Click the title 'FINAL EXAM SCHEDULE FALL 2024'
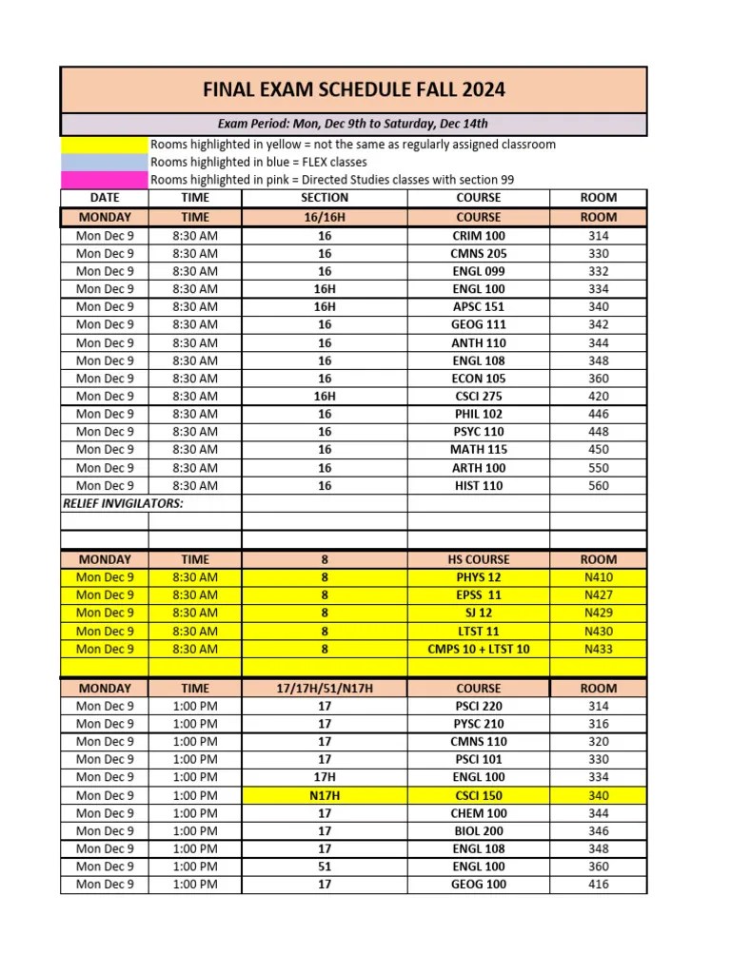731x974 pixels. (x=353, y=90)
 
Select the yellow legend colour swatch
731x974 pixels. (x=105, y=145)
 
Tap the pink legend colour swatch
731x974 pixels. (x=105, y=180)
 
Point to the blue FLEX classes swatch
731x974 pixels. (x=105, y=163)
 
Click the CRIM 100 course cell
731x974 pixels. (x=478, y=235)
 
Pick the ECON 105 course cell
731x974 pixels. (x=478, y=379)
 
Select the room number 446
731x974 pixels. (x=598, y=414)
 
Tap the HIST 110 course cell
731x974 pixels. (x=478, y=485)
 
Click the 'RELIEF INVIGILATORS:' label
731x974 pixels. (x=123, y=503)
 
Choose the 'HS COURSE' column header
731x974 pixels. (x=478, y=559)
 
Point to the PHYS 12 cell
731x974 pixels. (x=478, y=577)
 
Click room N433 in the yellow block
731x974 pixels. (x=598, y=649)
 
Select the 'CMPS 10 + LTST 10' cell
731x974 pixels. (x=478, y=649)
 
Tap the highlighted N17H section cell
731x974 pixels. (x=325, y=795)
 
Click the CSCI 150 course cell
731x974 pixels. (x=478, y=795)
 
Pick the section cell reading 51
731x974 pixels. (x=325, y=867)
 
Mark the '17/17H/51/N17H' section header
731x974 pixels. (x=325, y=688)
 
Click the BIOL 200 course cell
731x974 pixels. (x=478, y=830)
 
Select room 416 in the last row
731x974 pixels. (x=598, y=885)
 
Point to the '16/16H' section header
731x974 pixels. (x=325, y=217)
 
